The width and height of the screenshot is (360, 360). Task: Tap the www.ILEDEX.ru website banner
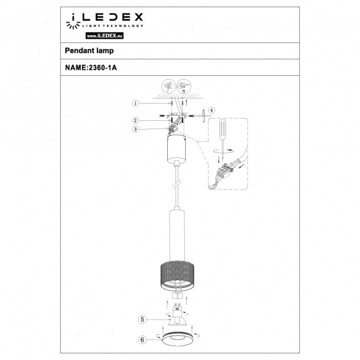[x=104, y=35]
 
